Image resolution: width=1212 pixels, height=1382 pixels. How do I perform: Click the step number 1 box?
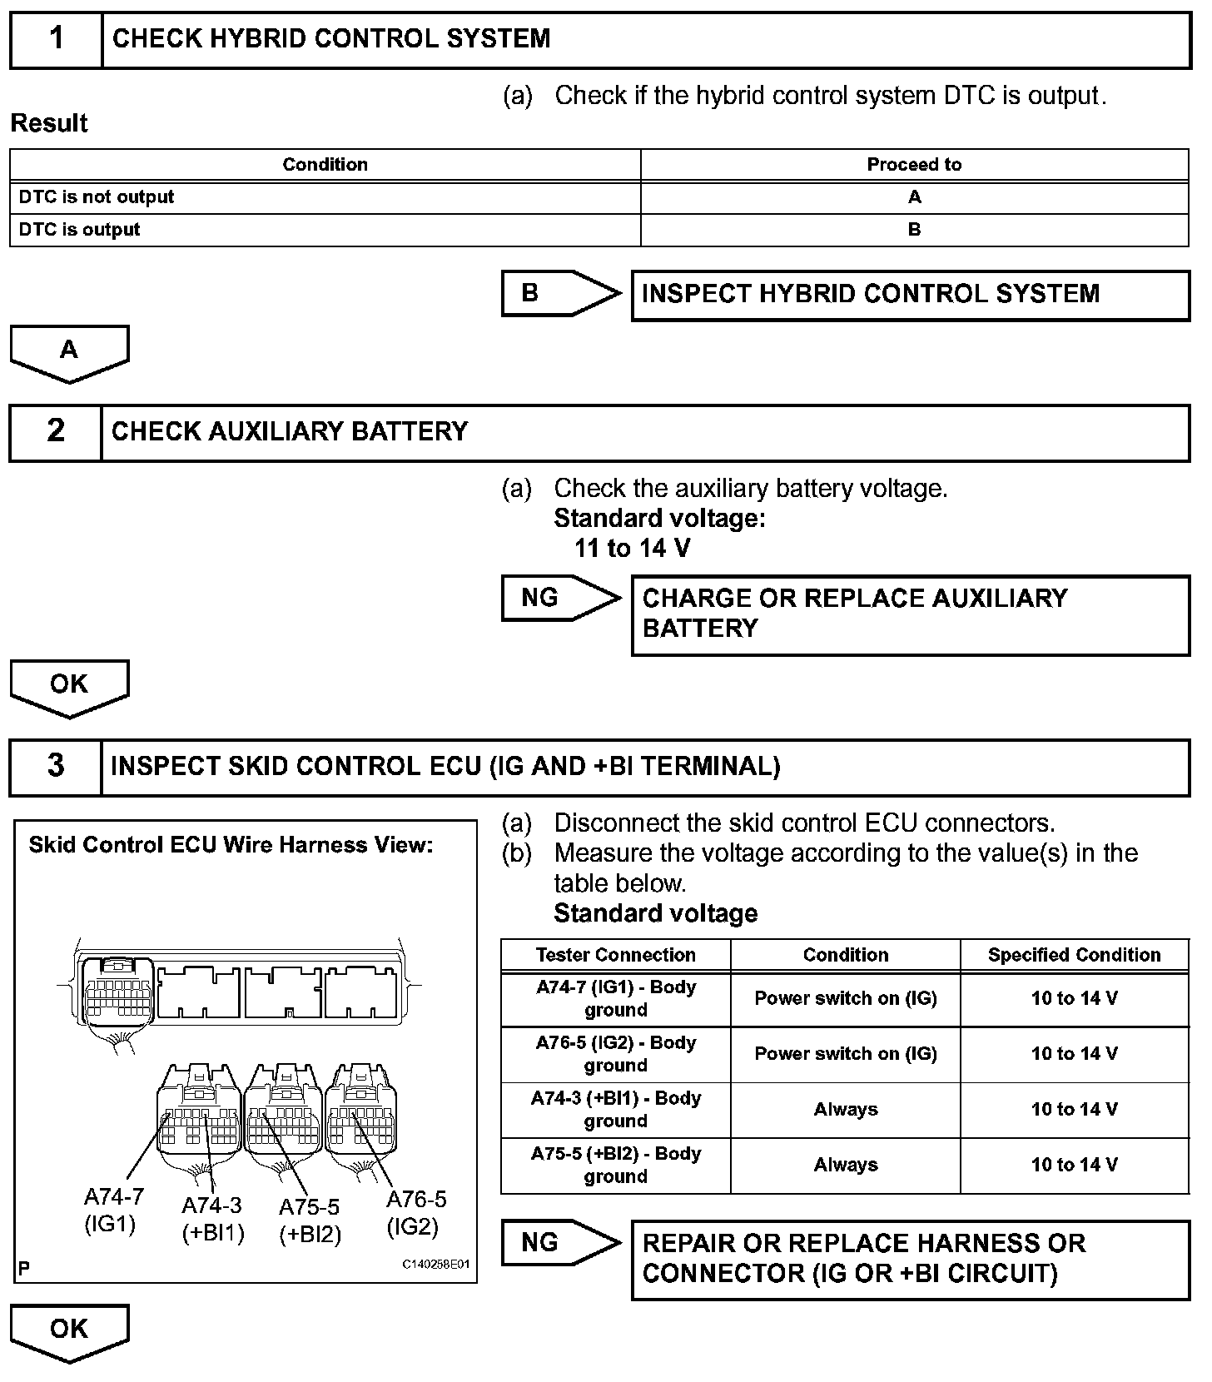click(x=56, y=39)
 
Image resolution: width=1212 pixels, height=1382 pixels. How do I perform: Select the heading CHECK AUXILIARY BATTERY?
click(x=290, y=431)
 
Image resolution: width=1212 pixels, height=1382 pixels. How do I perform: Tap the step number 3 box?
click(x=56, y=766)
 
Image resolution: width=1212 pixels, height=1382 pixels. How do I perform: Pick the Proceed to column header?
click(x=914, y=165)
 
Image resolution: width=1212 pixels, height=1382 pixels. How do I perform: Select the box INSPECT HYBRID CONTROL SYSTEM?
click(x=910, y=295)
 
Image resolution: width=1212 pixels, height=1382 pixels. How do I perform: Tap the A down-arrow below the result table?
click(x=69, y=352)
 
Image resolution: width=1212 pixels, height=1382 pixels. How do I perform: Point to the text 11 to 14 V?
click(x=632, y=549)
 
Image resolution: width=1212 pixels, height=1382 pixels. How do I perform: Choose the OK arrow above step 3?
click(x=69, y=687)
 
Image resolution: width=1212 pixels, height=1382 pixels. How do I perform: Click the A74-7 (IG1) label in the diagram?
click(x=113, y=1210)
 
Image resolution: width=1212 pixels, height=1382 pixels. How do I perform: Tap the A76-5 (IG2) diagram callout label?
click(x=415, y=1212)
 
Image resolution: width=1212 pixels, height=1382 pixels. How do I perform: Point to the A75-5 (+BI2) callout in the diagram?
click(x=310, y=1220)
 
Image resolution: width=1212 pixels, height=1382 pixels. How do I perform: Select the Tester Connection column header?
click(x=615, y=955)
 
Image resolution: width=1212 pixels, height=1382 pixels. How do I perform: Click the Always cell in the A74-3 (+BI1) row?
click(x=845, y=1110)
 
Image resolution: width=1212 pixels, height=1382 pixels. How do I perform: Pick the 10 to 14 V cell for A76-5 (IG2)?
click(x=1074, y=1054)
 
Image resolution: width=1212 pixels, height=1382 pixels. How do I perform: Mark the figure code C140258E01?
click(x=437, y=1264)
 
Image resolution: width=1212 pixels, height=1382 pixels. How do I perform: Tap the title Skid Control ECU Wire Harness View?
click(x=231, y=845)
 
